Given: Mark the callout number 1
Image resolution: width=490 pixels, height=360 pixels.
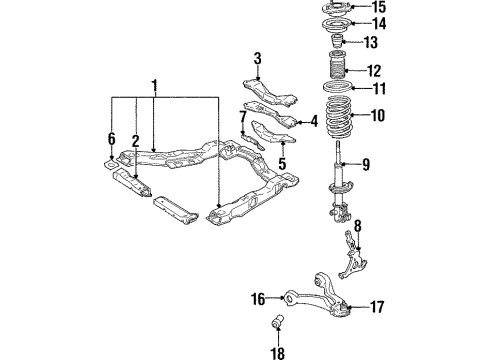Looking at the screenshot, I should pos(154,85).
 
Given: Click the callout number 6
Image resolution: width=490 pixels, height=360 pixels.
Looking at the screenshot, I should pos(112,138).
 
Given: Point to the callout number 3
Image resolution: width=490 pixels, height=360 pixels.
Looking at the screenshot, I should pos(257,57).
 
